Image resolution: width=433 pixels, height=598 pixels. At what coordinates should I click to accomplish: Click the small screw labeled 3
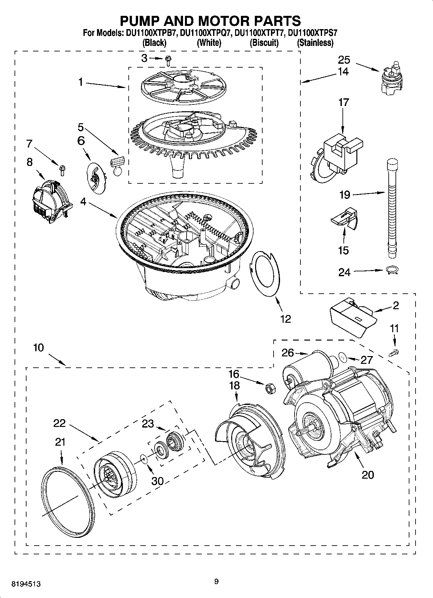click(x=168, y=59)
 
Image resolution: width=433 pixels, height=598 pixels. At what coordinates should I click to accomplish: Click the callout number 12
click(x=286, y=319)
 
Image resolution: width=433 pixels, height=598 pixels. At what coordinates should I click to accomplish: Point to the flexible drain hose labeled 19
click(x=392, y=210)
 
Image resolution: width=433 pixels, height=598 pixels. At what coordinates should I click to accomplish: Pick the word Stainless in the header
click(x=315, y=43)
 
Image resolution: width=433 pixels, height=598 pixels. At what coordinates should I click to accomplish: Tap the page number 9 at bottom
click(x=216, y=582)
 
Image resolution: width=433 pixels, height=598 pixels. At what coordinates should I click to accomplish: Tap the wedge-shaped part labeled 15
click(x=344, y=219)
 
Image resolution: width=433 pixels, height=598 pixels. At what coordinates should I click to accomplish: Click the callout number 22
click(x=60, y=423)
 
